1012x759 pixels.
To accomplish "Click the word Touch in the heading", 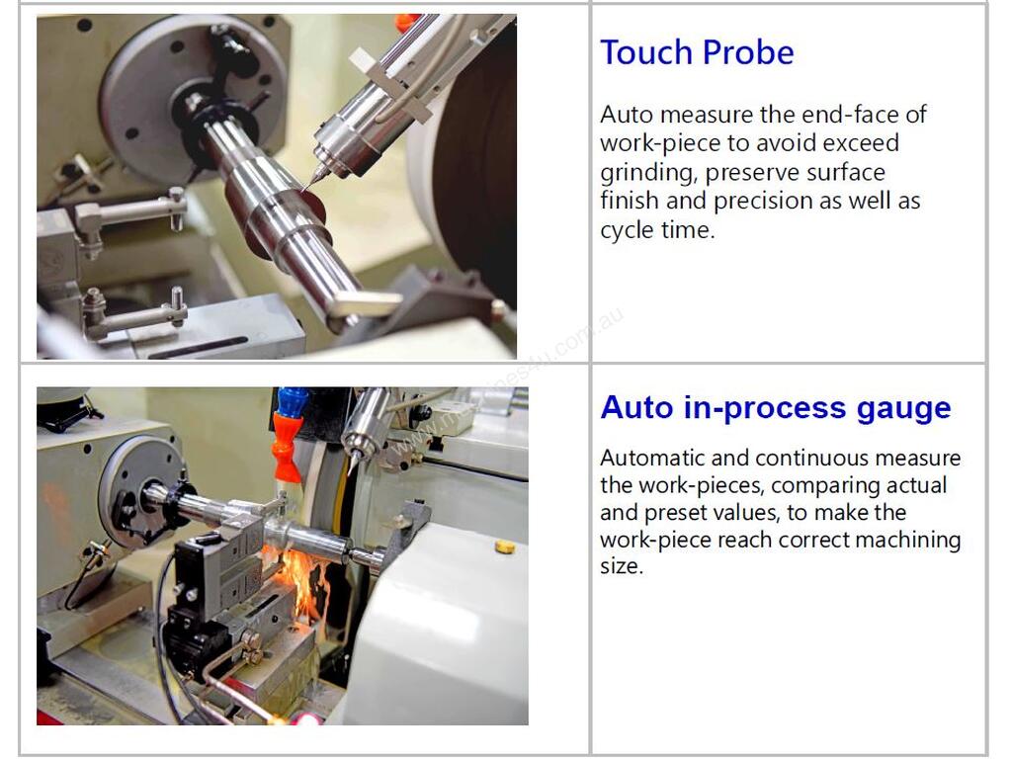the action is coord(646,52).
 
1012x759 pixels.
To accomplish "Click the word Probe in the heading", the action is coord(748,52).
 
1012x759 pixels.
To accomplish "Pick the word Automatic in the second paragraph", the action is coord(652,458).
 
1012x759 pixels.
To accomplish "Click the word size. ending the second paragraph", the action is coord(622,566).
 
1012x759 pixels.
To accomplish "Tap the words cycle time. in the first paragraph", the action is coord(657,230).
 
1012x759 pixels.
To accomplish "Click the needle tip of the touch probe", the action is coord(302,190).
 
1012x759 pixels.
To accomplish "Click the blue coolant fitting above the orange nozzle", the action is coord(290,401).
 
